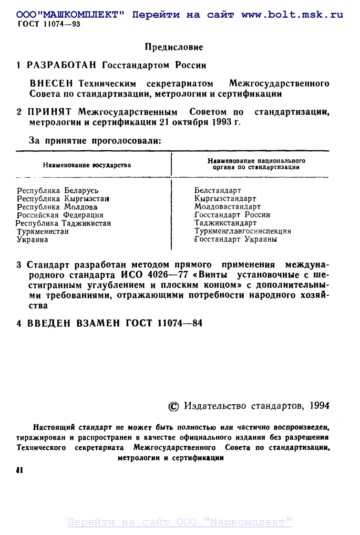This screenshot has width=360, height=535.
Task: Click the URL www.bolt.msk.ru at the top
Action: (x=292, y=15)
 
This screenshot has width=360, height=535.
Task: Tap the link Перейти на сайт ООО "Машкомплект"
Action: (x=180, y=522)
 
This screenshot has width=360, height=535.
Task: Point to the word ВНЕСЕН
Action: (x=51, y=84)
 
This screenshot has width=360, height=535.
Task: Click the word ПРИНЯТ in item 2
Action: (x=49, y=113)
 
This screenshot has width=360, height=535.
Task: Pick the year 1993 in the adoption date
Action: (x=220, y=122)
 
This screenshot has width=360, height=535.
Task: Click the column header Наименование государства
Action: (x=87, y=165)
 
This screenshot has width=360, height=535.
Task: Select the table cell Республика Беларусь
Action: (x=58, y=191)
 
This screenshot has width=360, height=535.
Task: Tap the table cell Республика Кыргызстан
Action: (x=63, y=199)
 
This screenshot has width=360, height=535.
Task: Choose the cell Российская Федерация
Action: (x=60, y=215)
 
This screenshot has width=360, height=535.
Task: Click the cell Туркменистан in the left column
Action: (x=43, y=231)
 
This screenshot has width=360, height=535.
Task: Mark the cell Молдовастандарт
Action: (x=227, y=207)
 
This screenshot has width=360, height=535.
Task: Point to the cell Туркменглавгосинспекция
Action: (x=243, y=231)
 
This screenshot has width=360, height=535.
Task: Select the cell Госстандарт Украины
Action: (x=236, y=239)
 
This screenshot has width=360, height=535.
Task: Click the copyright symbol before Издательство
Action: (x=174, y=406)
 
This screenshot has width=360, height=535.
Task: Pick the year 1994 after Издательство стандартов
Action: (x=319, y=406)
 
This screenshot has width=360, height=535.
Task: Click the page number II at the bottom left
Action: (x=20, y=470)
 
